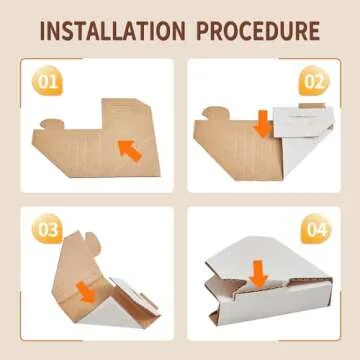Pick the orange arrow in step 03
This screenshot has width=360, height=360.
87,292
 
